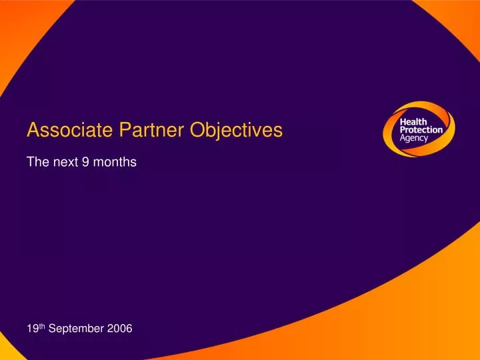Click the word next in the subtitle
click(61, 161)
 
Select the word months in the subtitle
click(113, 161)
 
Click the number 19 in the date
click(32, 328)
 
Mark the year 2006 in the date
click(119, 328)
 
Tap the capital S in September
click(53, 328)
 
